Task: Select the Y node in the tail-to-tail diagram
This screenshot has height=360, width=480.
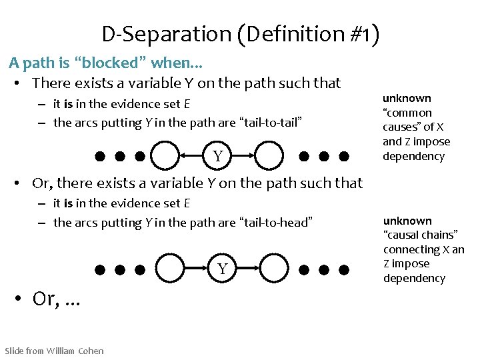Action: (218, 157)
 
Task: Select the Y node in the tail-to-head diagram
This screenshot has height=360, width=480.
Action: (223, 269)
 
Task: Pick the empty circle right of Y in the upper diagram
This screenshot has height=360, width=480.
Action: (271, 157)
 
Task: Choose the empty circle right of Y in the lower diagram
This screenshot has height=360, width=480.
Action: (275, 269)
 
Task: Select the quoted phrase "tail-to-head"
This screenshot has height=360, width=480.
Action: (275, 222)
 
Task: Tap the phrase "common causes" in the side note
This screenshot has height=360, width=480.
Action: (407, 120)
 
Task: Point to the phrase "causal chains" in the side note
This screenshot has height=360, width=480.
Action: (420, 235)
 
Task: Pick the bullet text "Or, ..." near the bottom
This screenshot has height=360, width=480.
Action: (56, 299)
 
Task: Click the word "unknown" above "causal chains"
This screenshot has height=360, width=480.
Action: (407, 221)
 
